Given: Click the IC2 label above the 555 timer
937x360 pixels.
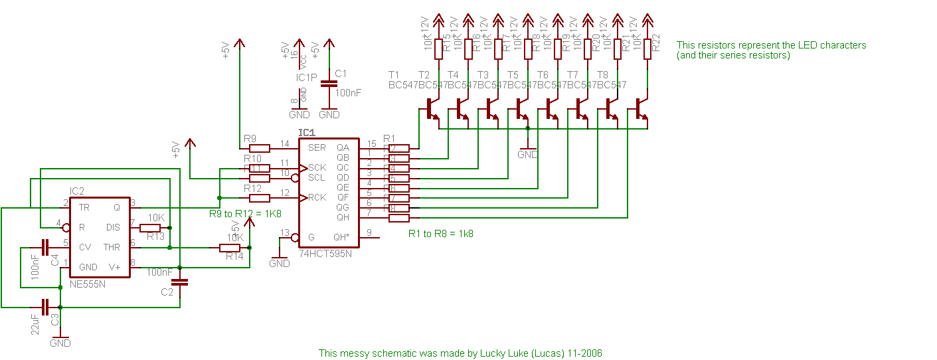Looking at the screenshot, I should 77,191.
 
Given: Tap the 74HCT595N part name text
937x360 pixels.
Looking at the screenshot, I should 325,254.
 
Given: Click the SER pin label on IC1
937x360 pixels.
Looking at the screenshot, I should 317,147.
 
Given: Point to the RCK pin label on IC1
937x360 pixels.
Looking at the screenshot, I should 317,197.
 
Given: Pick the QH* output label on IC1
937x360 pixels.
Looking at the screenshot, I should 341,237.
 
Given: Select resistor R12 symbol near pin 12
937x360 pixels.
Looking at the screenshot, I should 259,197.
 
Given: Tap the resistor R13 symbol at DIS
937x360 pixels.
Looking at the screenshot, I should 150,227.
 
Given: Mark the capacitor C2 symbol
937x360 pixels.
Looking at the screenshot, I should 180,283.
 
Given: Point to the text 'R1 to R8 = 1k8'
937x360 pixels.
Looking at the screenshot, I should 440,234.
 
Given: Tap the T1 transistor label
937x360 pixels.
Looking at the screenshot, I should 394,74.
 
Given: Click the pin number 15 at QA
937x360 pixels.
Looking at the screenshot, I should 371,143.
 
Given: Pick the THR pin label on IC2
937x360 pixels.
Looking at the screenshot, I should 111,247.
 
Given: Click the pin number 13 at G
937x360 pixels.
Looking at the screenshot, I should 285,232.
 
